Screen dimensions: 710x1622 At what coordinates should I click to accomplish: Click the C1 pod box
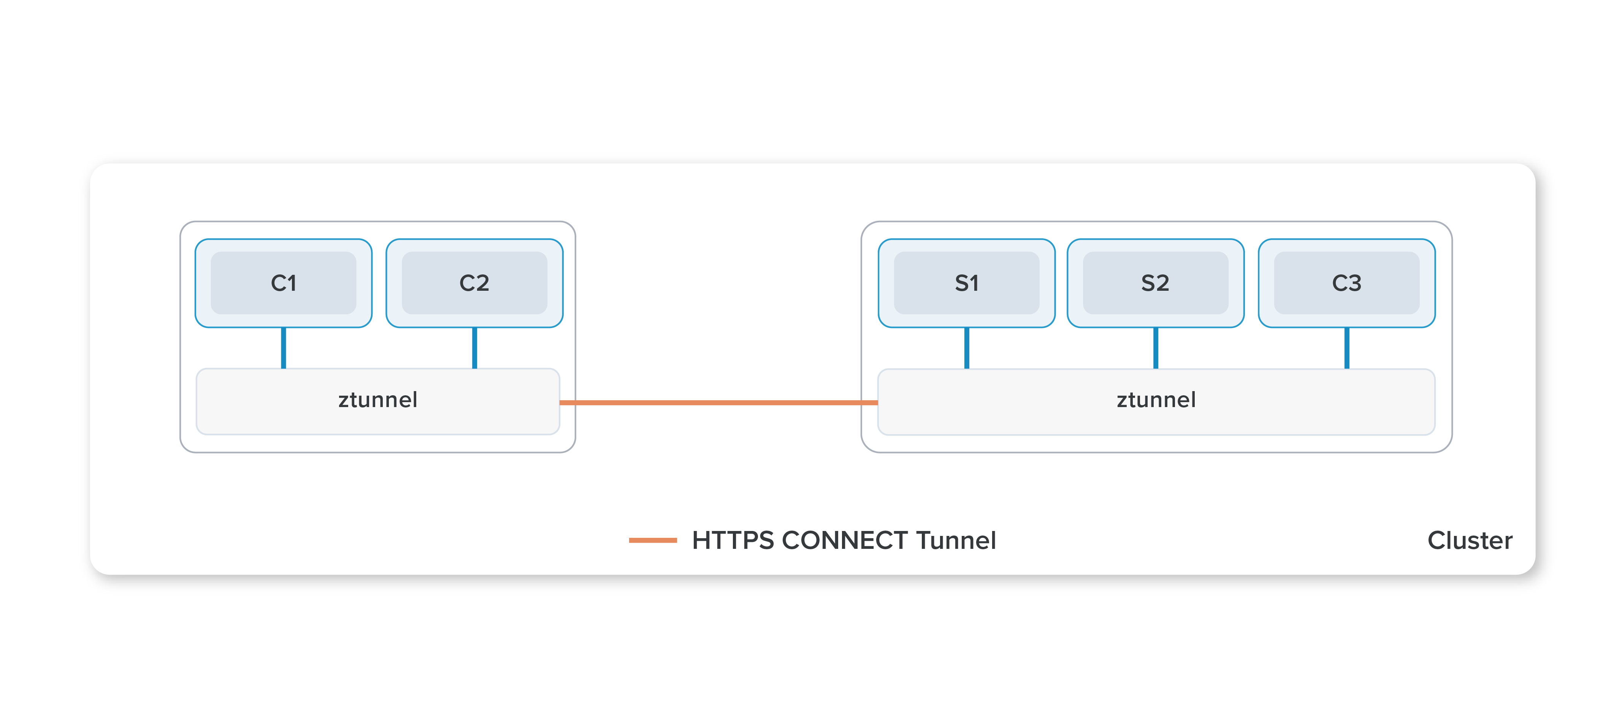click(283, 283)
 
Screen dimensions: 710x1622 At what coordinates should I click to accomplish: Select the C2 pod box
click(474, 283)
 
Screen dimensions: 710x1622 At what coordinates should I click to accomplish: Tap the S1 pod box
click(967, 283)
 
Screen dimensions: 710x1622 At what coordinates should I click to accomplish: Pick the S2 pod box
click(1156, 283)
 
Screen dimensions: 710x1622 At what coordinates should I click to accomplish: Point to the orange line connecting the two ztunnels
click(718, 402)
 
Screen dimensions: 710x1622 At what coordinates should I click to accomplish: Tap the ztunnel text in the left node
click(378, 400)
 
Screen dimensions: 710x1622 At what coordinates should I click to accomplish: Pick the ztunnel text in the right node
click(1156, 400)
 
